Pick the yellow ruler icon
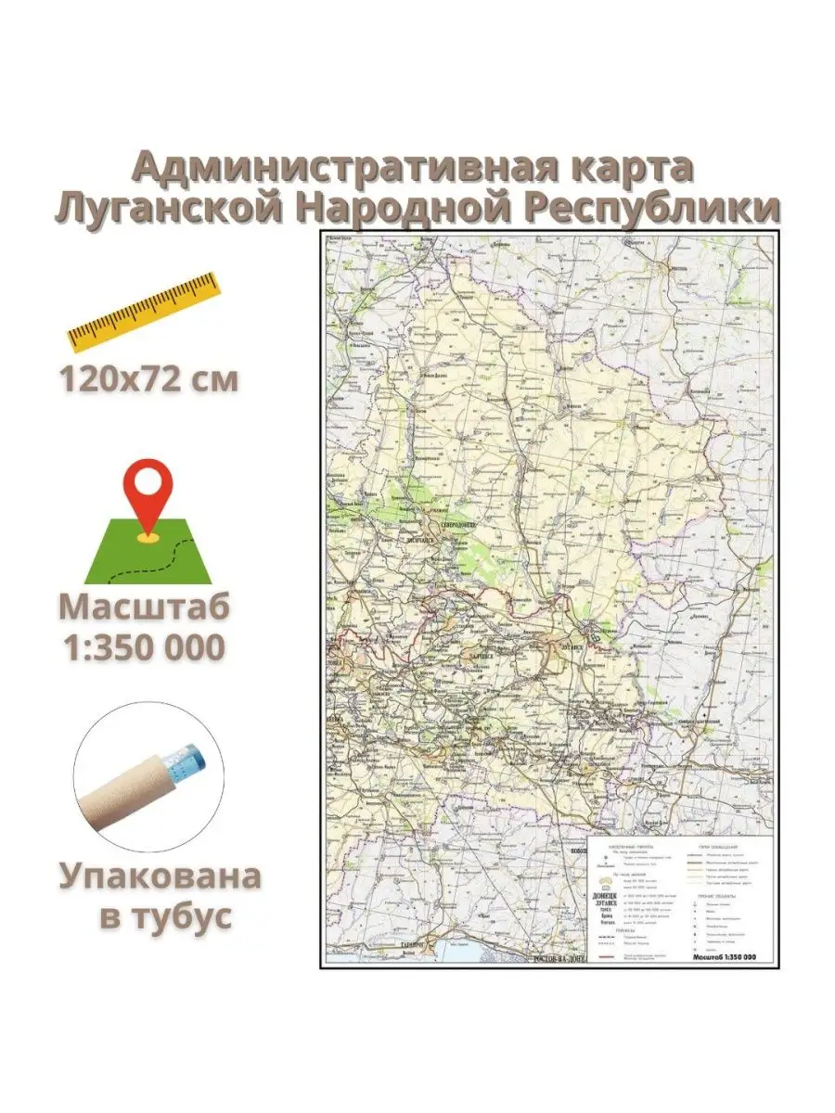(x=146, y=312)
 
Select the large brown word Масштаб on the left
(x=145, y=608)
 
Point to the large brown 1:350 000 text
(x=145, y=647)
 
